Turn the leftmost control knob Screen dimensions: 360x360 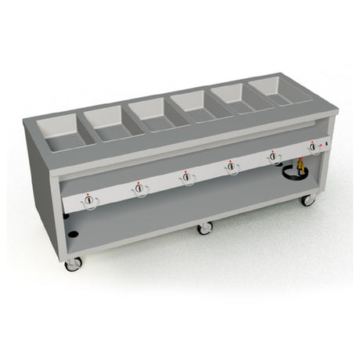89,201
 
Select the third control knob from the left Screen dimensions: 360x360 186,177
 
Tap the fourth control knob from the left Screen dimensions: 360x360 232,166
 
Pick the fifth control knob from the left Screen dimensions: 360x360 274,156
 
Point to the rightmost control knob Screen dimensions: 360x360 313,146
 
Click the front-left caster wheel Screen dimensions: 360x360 74,265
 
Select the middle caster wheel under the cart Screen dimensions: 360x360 205,228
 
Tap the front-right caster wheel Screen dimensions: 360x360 309,200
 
